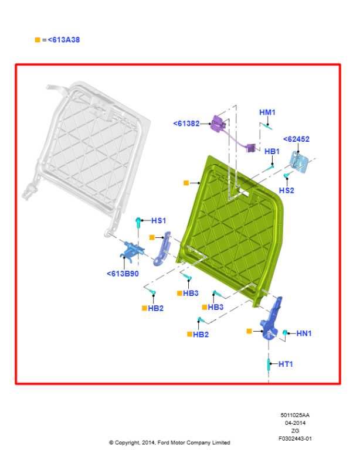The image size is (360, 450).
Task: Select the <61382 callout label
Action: (186, 124)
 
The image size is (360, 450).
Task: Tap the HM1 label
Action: (267, 112)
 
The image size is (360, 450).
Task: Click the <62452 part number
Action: (296, 139)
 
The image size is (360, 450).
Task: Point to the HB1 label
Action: (272, 151)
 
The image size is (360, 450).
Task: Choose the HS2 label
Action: (287, 190)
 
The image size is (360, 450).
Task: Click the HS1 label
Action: (158, 220)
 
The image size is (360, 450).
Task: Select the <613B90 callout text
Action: (123, 274)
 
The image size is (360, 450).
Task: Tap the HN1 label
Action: (304, 333)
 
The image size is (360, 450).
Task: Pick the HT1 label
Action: (286, 364)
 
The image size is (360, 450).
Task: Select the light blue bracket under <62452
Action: (299, 162)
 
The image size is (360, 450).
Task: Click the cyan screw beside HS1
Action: (138, 223)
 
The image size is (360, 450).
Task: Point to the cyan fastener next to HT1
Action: (269, 364)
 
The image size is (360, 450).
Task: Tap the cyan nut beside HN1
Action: (285, 333)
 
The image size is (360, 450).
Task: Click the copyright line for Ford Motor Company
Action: (169, 442)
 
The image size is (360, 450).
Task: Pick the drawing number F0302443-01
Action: (295, 438)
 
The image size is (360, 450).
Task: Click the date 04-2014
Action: (295, 422)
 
